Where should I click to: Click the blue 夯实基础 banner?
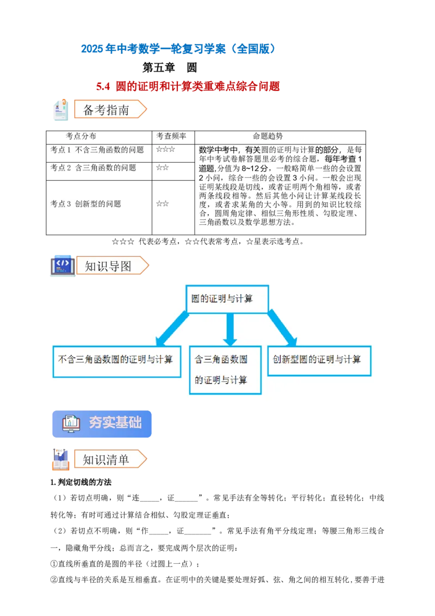(x=101, y=424)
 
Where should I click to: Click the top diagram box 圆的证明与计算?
(x=227, y=299)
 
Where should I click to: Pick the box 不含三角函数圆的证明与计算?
(x=116, y=361)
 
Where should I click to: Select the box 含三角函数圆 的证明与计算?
(x=225, y=369)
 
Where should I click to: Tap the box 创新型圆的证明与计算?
(x=319, y=360)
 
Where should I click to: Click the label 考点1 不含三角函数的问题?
(x=97, y=150)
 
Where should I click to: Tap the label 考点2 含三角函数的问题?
(x=94, y=168)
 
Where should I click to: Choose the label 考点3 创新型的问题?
(x=86, y=204)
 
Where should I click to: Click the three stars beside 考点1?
(x=165, y=149)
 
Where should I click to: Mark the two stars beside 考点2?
(x=162, y=168)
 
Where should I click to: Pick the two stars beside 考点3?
(x=162, y=204)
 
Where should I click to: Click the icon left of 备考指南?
(x=61, y=110)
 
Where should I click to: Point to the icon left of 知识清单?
(x=60, y=459)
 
